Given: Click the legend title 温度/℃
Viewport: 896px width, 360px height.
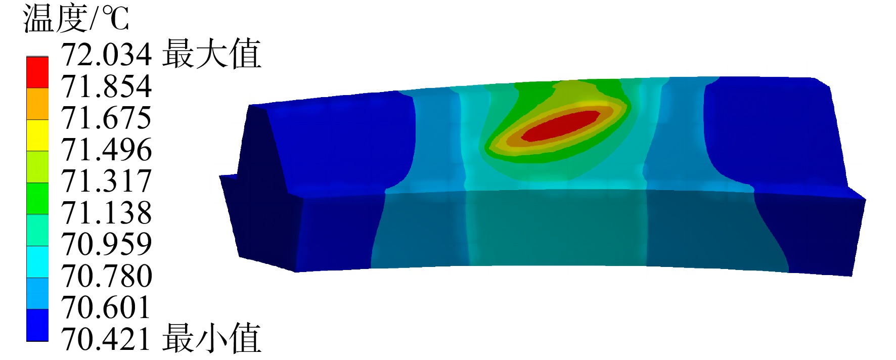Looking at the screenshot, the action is (x=76, y=19).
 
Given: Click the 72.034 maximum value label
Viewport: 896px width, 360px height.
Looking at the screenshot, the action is (x=107, y=54).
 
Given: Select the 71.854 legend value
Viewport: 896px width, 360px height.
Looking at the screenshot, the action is (x=107, y=86).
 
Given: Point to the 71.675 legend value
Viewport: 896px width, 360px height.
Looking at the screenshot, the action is (x=107, y=117).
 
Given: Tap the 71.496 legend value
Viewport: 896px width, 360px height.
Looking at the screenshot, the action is (x=107, y=149).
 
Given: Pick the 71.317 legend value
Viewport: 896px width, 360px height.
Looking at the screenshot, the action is (x=107, y=181).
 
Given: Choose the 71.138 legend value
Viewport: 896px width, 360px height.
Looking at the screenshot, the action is (x=107, y=212).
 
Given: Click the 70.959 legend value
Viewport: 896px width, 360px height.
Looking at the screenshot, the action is (x=107, y=244).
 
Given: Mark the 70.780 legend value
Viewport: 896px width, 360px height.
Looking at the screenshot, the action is (x=107, y=276).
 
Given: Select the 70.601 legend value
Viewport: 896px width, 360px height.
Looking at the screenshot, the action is (x=107, y=307).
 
